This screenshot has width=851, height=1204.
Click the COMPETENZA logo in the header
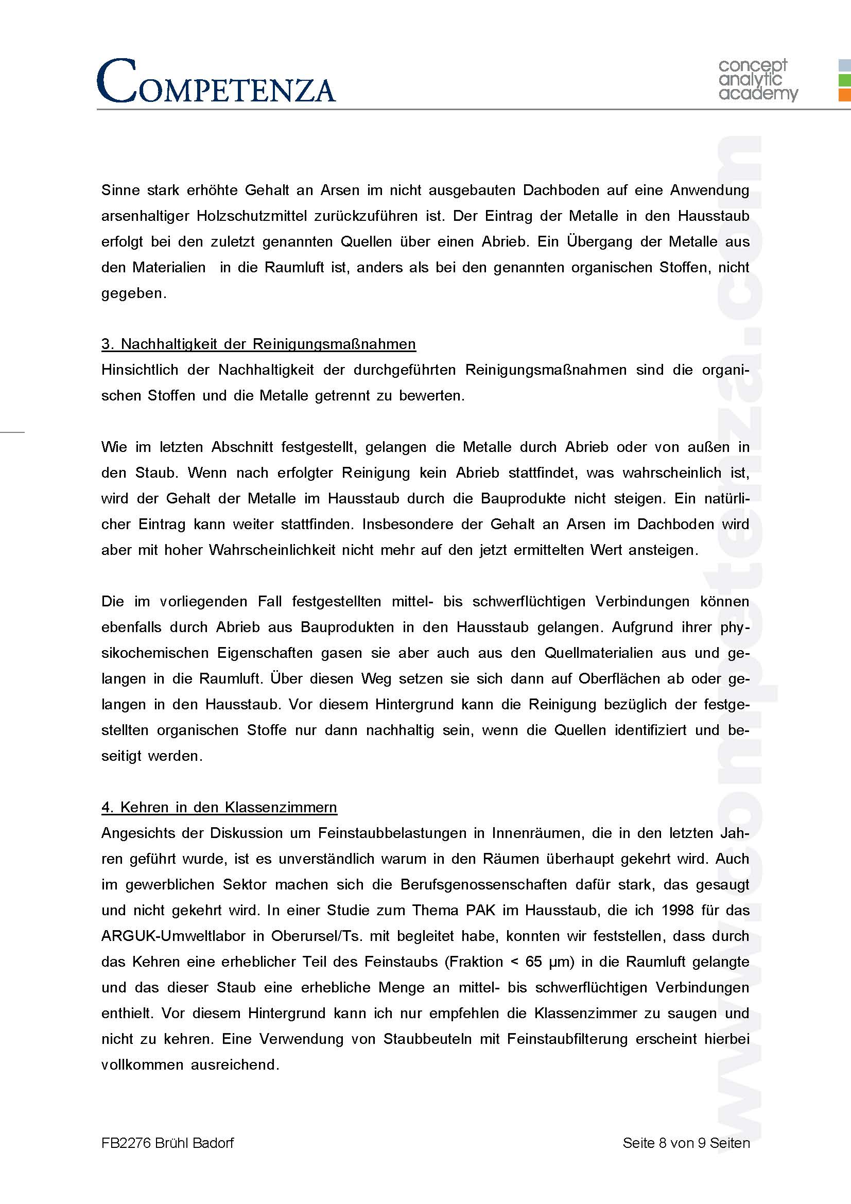pos(216,81)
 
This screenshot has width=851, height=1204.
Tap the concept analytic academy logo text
pos(757,80)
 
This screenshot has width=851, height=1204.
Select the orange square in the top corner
pos(844,95)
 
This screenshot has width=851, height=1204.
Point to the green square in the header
pos(844,80)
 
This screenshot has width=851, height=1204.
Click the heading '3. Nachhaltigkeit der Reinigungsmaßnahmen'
pos(258,344)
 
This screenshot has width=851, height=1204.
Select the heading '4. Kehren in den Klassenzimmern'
pos(219,807)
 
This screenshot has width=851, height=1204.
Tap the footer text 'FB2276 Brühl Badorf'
pos(167,1143)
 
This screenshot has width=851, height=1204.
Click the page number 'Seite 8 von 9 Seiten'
pos(686,1143)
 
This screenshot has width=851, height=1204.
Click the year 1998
pos(678,910)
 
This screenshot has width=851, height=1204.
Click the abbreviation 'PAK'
pos(480,910)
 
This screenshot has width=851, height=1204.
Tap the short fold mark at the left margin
pos(12,431)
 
